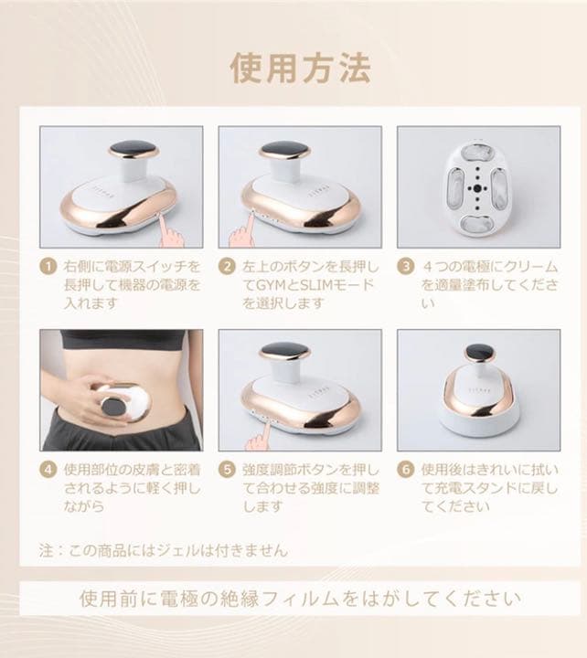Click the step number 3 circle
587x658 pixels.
[404, 267]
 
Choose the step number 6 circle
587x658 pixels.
[404, 470]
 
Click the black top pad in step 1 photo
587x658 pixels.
[133, 149]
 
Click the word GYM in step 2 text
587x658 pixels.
[275, 284]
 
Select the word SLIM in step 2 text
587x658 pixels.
[321, 284]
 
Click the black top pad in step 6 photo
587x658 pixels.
[480, 352]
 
